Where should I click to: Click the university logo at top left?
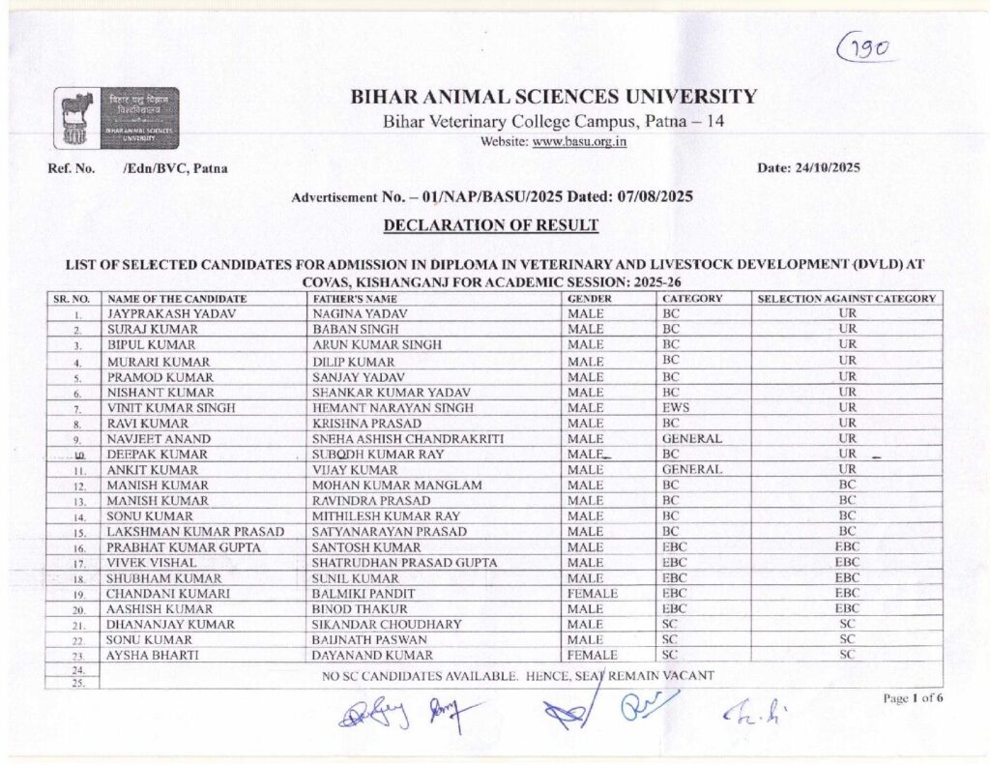pos(116,118)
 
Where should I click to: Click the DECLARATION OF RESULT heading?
pos(491,225)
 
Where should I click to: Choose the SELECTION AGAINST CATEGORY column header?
pos(846,299)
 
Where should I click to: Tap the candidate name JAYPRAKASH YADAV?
pos(172,313)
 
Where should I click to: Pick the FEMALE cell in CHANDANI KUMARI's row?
pos(593,593)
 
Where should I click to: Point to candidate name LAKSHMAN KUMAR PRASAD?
pos(194,532)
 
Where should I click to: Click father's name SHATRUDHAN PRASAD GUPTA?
pos(404,563)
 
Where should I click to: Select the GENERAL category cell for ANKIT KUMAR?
pos(692,469)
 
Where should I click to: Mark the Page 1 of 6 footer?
pos(913,698)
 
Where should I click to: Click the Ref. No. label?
pos(72,168)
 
